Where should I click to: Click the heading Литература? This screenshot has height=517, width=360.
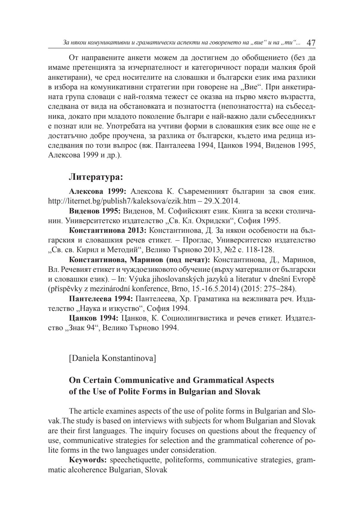[x=96, y=177]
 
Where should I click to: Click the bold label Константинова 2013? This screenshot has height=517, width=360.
[x=107, y=230]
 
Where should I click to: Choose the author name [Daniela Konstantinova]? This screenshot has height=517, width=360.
[x=113, y=358]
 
